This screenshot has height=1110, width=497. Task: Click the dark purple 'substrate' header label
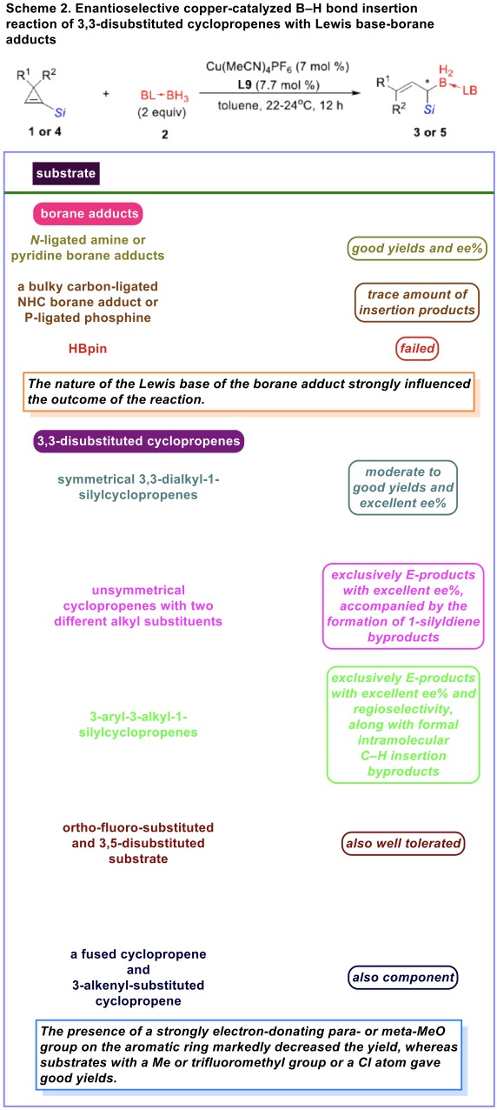[x=66, y=173]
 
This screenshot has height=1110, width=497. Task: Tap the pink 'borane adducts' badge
[x=88, y=214]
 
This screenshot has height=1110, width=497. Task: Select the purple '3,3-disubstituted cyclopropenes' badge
[x=139, y=441]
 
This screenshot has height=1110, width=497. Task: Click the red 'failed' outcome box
[x=417, y=348]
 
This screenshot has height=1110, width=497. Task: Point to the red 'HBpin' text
[x=88, y=348]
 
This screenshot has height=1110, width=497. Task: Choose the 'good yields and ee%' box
[x=417, y=248]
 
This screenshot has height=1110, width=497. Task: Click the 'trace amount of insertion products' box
[x=417, y=302]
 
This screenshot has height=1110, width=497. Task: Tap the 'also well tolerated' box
[x=403, y=843]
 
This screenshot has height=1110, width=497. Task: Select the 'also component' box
[x=403, y=977]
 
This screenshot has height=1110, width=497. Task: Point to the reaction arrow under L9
[x=280, y=93]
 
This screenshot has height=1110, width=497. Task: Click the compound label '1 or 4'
[x=44, y=131]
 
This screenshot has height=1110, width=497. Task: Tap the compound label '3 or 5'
[x=430, y=132]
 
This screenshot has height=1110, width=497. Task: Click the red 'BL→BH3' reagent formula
[x=164, y=95]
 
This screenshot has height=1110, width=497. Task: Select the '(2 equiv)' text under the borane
[x=162, y=112]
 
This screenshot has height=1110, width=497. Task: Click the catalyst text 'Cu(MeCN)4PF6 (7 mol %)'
[x=278, y=67]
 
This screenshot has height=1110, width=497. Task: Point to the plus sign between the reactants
[x=106, y=93]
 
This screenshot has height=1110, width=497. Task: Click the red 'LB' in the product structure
[x=470, y=90]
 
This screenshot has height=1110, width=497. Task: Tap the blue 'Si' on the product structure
[x=429, y=109]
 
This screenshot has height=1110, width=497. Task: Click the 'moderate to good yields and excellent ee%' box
[x=403, y=488]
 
